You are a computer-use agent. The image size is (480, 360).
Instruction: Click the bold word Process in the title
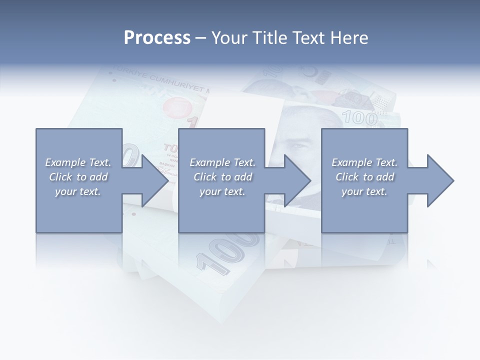pyautogui.click(x=157, y=37)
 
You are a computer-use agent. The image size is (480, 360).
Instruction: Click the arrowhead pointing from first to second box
pyautogui.click(x=155, y=180)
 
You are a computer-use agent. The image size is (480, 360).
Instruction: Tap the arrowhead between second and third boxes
pyautogui.click(x=297, y=180)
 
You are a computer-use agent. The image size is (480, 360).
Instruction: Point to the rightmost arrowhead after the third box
pyautogui.click(x=440, y=180)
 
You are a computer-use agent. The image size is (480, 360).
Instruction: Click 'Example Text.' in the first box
pyautogui.click(x=78, y=162)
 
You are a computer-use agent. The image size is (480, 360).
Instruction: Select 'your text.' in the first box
pyautogui.click(x=78, y=191)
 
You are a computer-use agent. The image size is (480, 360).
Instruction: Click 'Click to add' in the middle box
pyautogui.click(x=222, y=177)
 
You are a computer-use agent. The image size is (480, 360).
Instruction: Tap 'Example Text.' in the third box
pyautogui.click(x=364, y=162)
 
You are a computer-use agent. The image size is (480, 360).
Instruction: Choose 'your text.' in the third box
pyautogui.click(x=364, y=191)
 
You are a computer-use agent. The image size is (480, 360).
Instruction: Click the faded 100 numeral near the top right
pyautogui.click(x=359, y=118)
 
